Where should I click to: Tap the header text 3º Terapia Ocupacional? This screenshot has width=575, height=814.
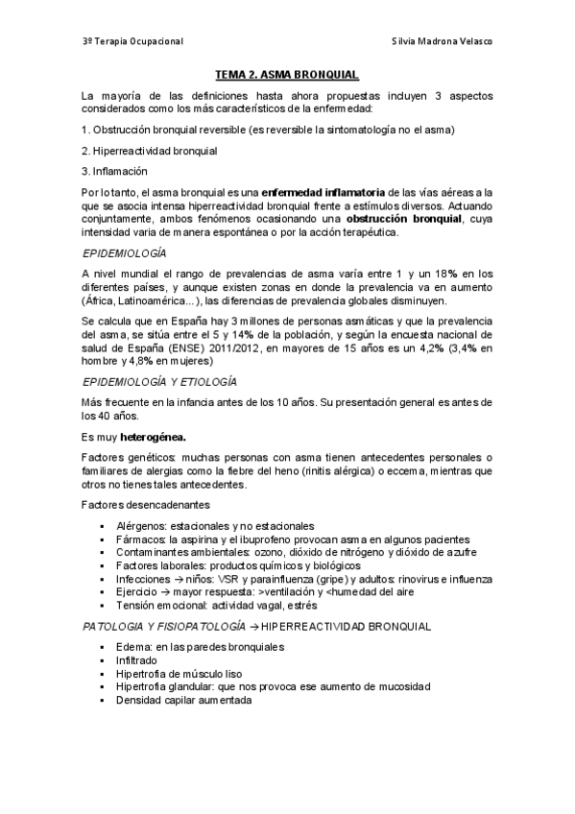pyautogui.click(x=132, y=42)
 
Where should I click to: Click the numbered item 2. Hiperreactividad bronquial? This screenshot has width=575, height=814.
pyautogui.click(x=150, y=151)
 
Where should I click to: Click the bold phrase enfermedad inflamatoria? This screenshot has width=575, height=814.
pyautogui.click(x=323, y=193)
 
